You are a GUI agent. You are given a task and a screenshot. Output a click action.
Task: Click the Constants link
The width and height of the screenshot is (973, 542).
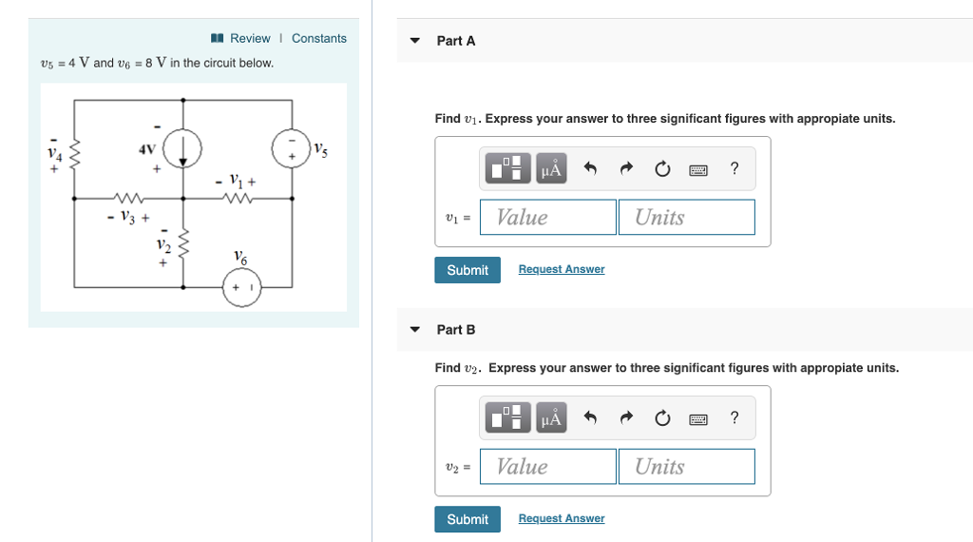[318, 38]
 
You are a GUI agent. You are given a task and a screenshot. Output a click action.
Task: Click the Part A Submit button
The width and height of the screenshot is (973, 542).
[467, 270]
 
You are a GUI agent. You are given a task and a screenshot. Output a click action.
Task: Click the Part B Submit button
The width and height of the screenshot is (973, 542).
[467, 519]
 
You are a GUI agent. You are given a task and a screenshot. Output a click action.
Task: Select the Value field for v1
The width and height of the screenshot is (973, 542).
[548, 217]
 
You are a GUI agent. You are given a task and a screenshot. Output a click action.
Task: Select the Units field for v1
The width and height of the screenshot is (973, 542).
[686, 217]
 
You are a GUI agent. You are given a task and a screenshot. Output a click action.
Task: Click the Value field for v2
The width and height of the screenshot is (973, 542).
[548, 466]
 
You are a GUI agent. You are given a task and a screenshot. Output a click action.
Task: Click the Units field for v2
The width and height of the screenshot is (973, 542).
[686, 466]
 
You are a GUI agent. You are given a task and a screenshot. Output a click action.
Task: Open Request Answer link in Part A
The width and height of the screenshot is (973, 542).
[562, 269]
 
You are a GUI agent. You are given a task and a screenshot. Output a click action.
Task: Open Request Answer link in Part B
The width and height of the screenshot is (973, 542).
[562, 518]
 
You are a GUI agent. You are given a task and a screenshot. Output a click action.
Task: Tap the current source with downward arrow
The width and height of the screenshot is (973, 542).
[182, 148]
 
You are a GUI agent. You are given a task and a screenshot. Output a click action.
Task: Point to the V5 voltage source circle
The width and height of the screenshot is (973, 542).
[291, 148]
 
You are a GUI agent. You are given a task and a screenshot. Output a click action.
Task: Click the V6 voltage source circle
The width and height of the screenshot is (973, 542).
[241, 287]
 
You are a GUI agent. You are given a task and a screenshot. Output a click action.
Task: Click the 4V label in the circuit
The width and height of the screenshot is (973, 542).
[146, 149]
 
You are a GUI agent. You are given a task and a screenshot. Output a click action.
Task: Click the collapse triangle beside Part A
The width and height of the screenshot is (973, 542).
[414, 41]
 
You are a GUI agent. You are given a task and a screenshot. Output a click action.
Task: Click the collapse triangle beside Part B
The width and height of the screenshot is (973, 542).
[414, 330]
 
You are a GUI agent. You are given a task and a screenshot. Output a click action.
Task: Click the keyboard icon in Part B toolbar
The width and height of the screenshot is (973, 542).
[698, 419]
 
